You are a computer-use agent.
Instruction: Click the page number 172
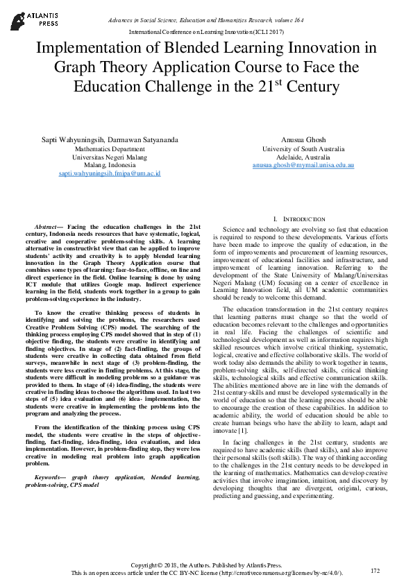pos(376,570)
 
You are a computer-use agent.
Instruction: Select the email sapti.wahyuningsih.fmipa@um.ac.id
pos(110,173)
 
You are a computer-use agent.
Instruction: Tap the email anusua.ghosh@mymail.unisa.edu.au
pos(303,166)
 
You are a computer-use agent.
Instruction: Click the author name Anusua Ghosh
pos(303,139)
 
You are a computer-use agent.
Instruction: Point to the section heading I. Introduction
pos(303,218)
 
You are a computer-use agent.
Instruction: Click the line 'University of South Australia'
pos(303,149)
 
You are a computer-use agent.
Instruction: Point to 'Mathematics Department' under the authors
pos(110,149)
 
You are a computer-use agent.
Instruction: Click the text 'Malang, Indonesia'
pos(110,165)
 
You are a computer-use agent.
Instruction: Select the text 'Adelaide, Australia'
pos(303,157)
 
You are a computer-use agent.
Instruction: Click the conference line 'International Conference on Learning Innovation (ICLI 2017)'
pos(206,33)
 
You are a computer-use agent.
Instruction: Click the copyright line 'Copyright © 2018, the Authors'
pos(206,565)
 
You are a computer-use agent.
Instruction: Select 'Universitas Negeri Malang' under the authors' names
pos(110,157)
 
